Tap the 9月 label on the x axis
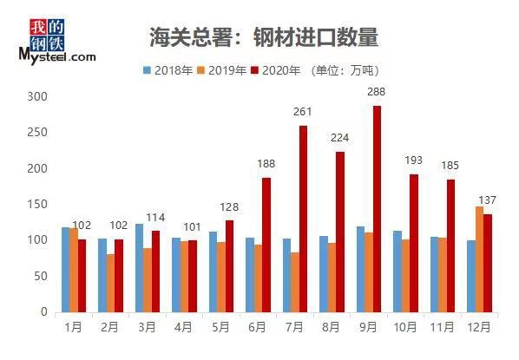tap(367, 327)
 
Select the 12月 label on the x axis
tap(478, 327)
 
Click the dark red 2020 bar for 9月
tap(377, 208)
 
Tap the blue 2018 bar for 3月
tap(139, 268)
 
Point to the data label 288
tap(375, 91)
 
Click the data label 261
tap(302, 111)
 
